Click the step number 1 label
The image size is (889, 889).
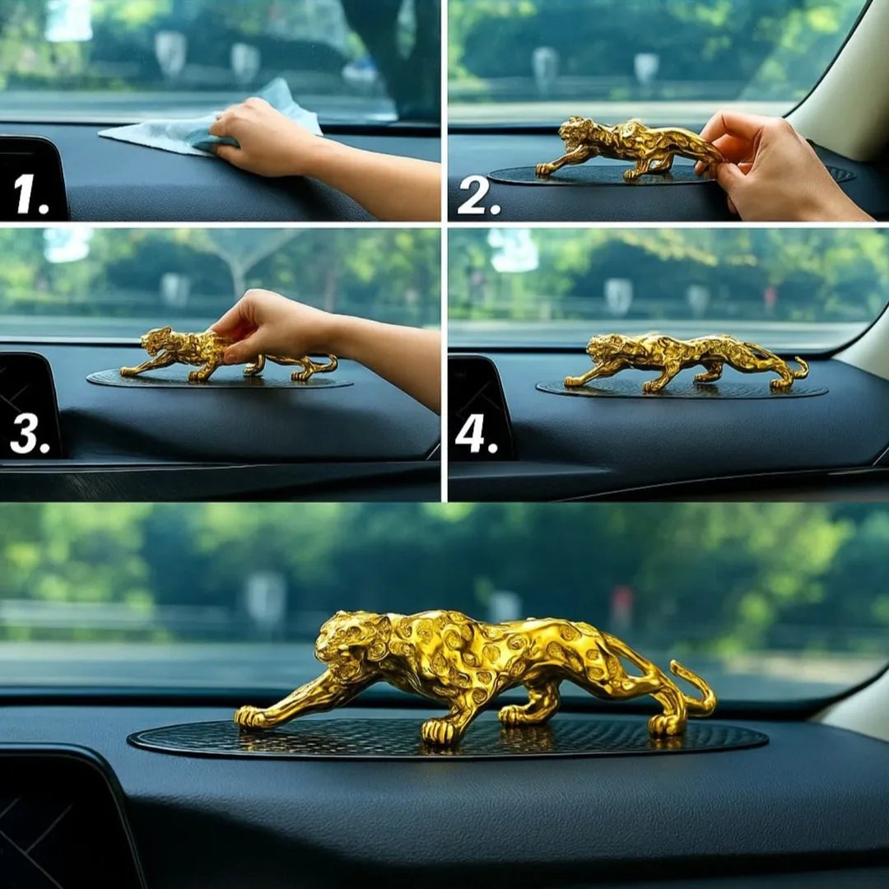pyautogui.click(x=31, y=194)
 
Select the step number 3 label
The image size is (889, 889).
pyautogui.click(x=30, y=435)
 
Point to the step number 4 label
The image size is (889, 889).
pyautogui.click(x=477, y=435)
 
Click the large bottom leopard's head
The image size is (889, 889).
pyautogui.click(x=349, y=644)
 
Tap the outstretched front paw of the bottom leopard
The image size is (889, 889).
pyautogui.click(x=250, y=717)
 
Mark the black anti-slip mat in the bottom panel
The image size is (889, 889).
pyautogui.click(x=448, y=740)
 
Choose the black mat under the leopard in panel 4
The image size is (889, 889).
pyautogui.click(x=682, y=389)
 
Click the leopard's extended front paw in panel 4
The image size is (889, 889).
pyautogui.click(x=573, y=382)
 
